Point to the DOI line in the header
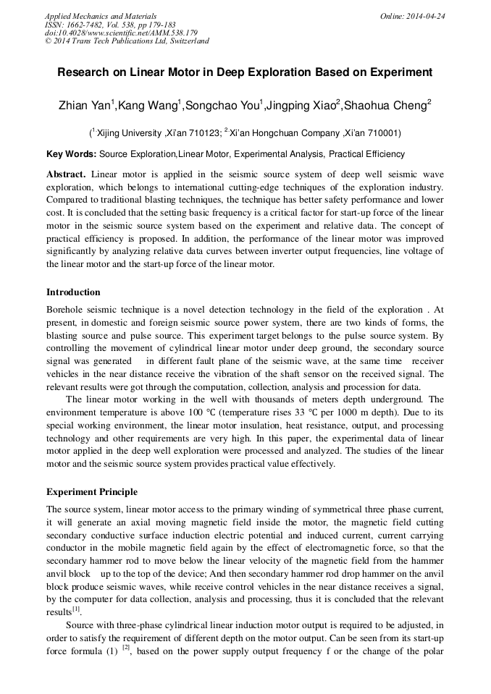[x=121, y=33]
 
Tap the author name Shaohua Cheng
[x=387, y=106]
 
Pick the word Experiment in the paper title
[x=406, y=72]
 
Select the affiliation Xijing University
[x=128, y=133]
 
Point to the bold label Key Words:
[x=71, y=154]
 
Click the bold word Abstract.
[x=66, y=174]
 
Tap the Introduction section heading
[x=73, y=292]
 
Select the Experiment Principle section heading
[x=92, y=492]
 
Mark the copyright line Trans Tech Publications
[x=127, y=41]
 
